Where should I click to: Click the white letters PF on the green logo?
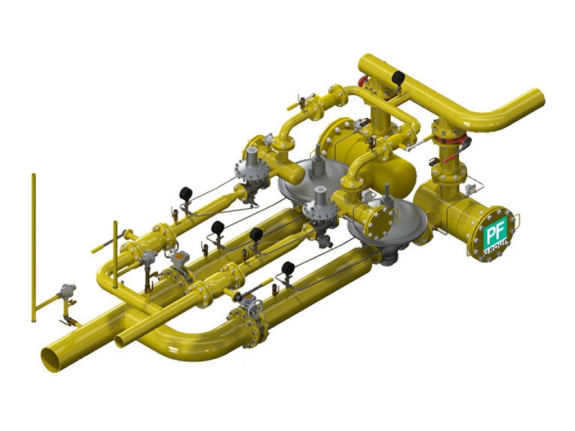coord(494,232)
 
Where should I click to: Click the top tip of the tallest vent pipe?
coord(34,175)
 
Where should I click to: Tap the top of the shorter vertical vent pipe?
coord(115,222)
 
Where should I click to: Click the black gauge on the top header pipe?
coord(398,77)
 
